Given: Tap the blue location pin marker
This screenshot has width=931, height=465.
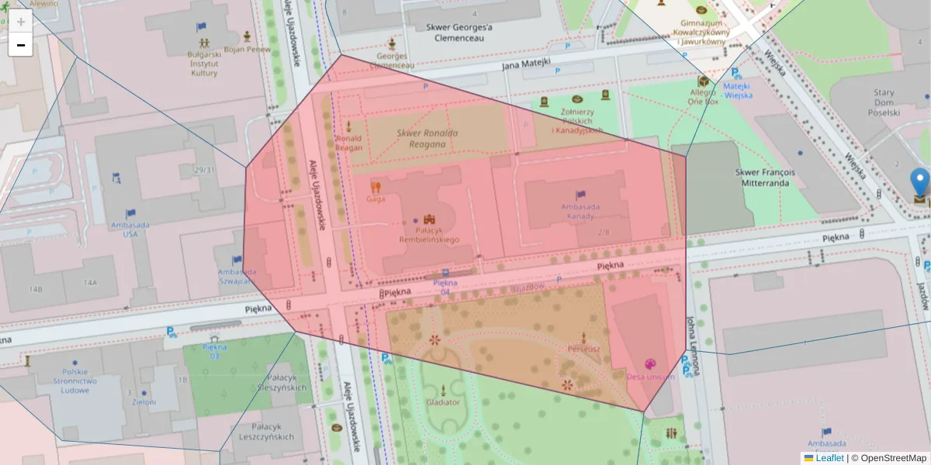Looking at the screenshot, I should click(x=920, y=183).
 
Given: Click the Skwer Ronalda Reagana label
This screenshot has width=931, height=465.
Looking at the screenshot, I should click(x=427, y=138).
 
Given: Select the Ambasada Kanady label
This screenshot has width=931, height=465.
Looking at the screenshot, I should click(x=580, y=211).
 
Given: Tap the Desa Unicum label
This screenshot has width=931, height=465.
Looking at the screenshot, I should click(x=649, y=377).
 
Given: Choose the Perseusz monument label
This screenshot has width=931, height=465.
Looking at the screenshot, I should click(x=583, y=349).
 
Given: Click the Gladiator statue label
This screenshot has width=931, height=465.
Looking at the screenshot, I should click(x=443, y=402).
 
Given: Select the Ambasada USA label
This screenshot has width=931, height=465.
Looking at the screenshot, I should click(x=130, y=229).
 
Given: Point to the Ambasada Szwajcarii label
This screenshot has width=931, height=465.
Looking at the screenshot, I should click(x=237, y=277).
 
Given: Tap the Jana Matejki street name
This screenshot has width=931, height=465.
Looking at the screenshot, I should click(x=526, y=64).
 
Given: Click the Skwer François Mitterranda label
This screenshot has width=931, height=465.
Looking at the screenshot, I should click(x=762, y=177).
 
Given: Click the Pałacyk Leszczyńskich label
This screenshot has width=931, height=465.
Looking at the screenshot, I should click(x=267, y=432).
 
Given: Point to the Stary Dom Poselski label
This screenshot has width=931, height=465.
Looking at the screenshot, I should click(x=883, y=102).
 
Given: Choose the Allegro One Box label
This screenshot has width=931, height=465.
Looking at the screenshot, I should click(x=704, y=96).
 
